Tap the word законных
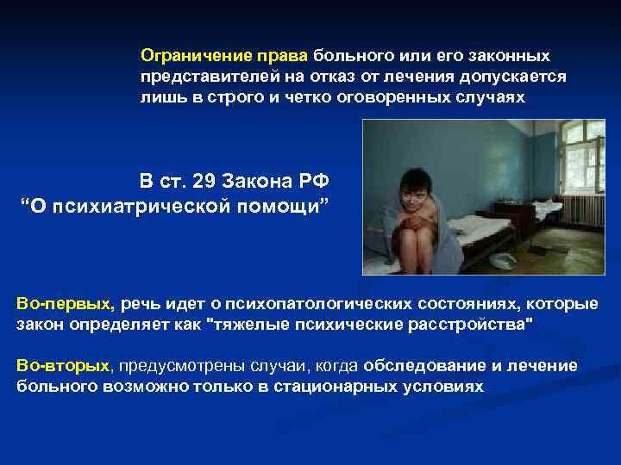point(510,56)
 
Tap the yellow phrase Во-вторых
point(63,365)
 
